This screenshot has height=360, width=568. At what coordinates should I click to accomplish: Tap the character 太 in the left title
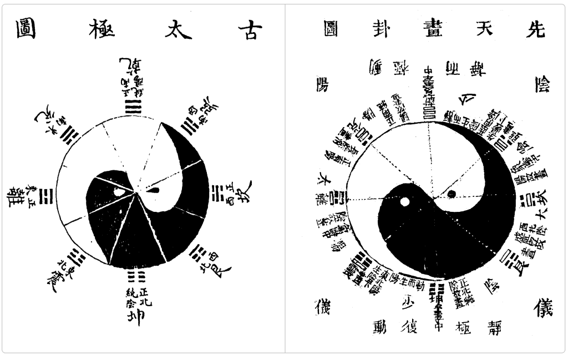(176, 29)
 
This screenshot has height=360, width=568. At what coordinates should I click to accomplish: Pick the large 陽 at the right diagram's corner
(323, 84)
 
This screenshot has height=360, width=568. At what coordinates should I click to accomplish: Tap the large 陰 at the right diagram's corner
(537, 84)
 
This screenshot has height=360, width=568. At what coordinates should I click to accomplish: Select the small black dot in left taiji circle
(155, 189)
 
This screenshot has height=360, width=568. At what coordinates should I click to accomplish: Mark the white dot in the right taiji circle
(405, 202)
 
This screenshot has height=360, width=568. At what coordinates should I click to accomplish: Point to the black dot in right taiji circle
(452, 194)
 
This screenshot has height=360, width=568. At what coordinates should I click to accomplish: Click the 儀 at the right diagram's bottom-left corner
(323, 305)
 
